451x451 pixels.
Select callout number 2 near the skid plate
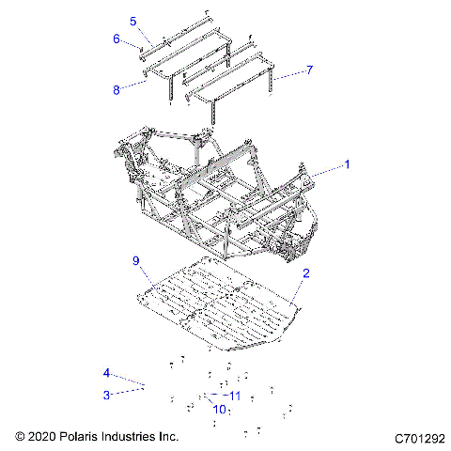(305, 273)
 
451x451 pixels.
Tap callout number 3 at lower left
(107, 395)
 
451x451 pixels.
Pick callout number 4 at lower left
(107, 373)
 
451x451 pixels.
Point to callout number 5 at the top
(132, 21)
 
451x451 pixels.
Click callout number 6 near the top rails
(117, 39)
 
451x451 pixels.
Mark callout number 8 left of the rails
(117, 90)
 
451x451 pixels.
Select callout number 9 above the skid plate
(135, 260)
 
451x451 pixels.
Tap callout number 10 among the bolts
(218, 409)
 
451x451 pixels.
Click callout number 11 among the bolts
(236, 395)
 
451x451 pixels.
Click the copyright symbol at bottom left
(21, 437)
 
